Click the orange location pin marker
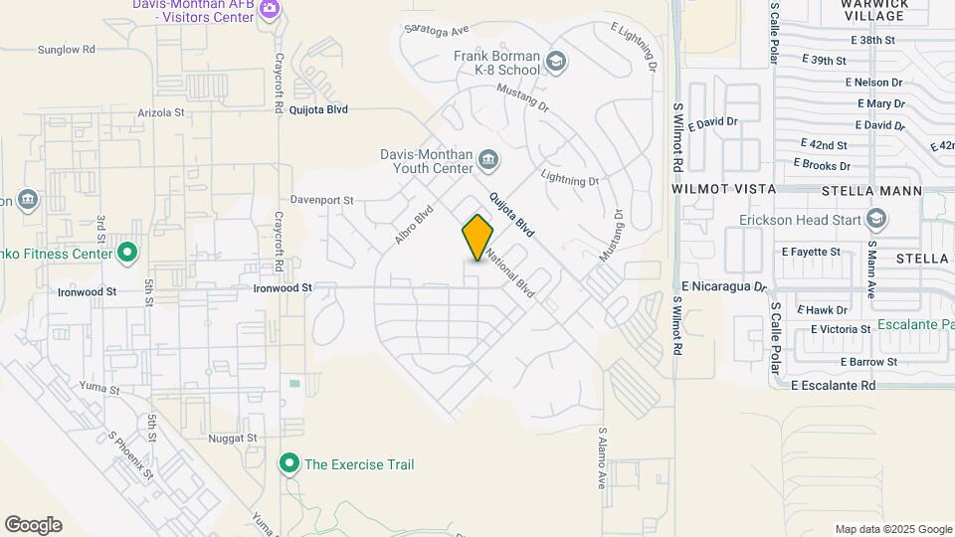click(x=477, y=237)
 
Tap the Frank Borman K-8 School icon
click(x=556, y=64)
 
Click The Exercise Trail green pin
click(x=289, y=463)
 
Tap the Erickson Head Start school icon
click(x=876, y=219)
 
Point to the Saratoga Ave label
click(x=434, y=31)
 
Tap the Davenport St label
click(x=321, y=200)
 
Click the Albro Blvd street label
click(x=415, y=225)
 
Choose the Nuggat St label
click(x=233, y=438)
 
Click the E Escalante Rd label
click(x=834, y=385)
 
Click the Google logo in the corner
click(x=33, y=525)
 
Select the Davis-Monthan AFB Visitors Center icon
click(x=269, y=9)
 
